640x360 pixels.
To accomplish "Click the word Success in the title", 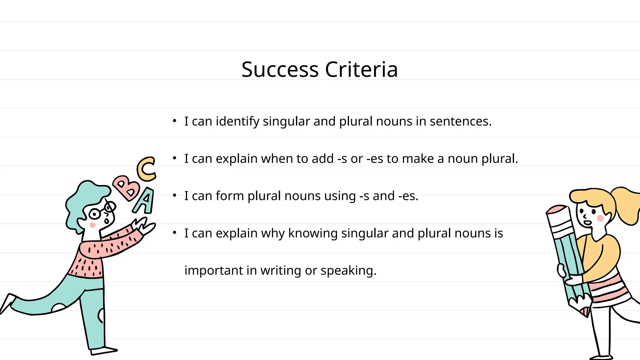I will [280, 69].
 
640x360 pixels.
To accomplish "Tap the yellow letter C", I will [146, 169].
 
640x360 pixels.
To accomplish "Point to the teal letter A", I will [145, 201].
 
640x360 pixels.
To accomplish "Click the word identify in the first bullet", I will [237, 122].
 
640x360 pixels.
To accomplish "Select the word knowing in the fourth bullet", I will [313, 233].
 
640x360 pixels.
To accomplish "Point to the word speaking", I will [348, 271].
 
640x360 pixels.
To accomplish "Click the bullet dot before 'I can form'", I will [175, 195].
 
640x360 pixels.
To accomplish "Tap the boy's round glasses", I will [95, 214].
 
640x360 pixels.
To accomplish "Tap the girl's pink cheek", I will [600, 218].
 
